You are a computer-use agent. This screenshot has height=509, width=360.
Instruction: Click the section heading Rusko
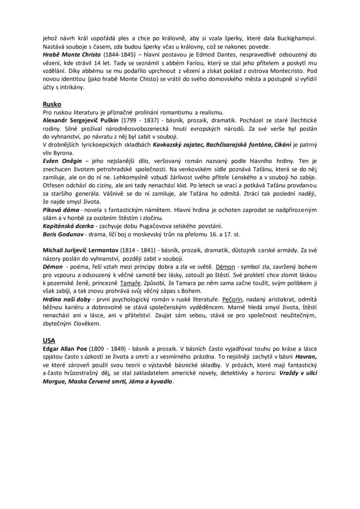(52, 104)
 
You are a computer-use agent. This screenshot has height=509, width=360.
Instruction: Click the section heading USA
(49, 341)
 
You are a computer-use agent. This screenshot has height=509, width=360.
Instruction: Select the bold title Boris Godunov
(62, 234)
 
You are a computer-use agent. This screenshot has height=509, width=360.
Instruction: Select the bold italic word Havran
(307, 357)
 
